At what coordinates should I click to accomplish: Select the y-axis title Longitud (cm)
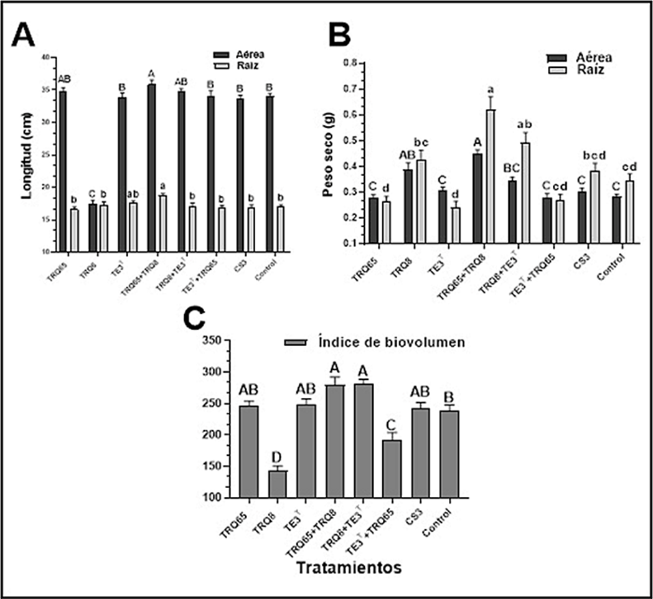[x=26, y=155]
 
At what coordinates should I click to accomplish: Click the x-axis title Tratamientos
[x=348, y=568]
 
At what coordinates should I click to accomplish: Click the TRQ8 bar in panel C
[x=278, y=483]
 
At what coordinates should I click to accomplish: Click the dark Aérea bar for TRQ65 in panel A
[x=63, y=171]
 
